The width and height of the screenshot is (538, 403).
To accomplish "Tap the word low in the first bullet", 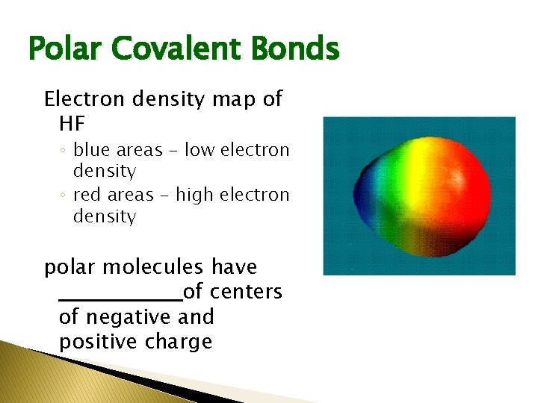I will [199, 150].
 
